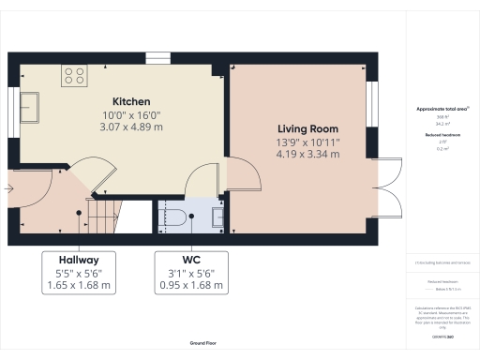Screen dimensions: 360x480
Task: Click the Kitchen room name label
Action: point(126,101)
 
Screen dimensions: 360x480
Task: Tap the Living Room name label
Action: point(307,128)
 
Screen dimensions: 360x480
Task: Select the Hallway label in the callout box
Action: point(79,259)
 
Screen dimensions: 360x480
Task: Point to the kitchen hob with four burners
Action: point(75,75)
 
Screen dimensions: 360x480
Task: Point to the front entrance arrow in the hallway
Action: point(8,188)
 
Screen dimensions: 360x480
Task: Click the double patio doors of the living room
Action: point(386,195)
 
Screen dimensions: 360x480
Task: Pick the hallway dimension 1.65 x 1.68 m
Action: point(79,285)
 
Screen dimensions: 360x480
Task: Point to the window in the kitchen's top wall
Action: point(158,58)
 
